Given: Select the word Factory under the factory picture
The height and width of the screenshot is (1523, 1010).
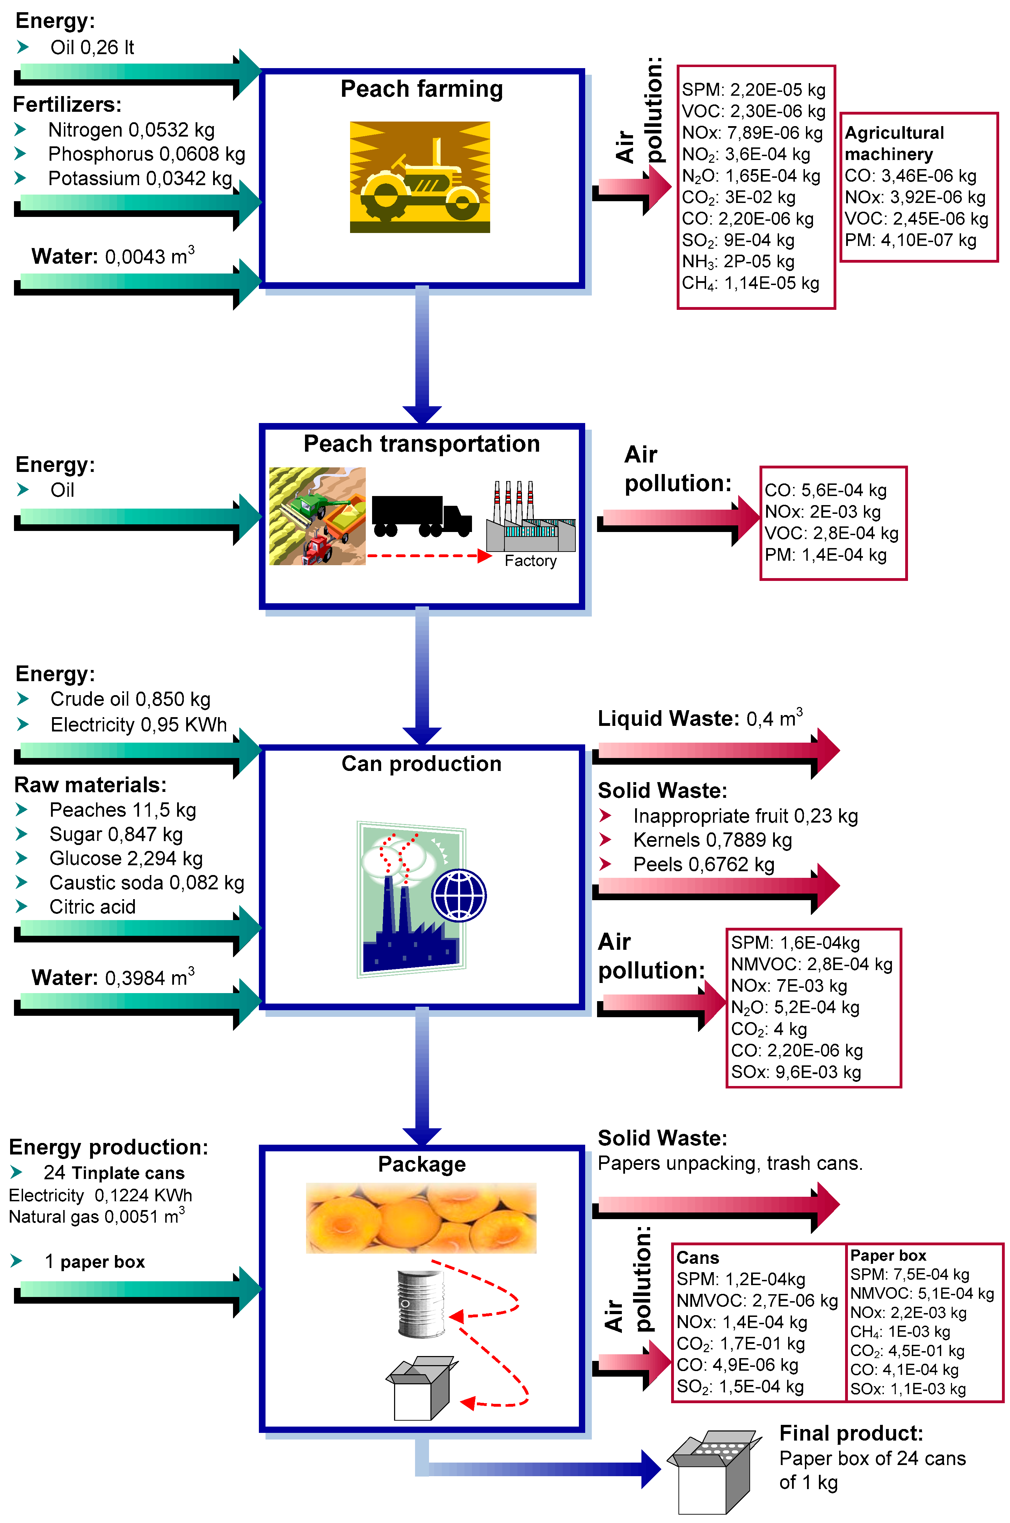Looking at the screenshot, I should point(530,561).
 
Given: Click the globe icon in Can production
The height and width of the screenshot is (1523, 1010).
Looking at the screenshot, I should point(459,895).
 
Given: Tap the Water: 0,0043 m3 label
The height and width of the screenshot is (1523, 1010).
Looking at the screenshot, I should point(113,256).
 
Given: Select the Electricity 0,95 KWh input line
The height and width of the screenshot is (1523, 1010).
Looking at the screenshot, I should point(138,724).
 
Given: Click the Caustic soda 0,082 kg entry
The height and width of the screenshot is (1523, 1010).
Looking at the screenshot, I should point(146,882).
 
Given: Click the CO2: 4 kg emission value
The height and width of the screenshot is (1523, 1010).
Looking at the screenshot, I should point(769,1028).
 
